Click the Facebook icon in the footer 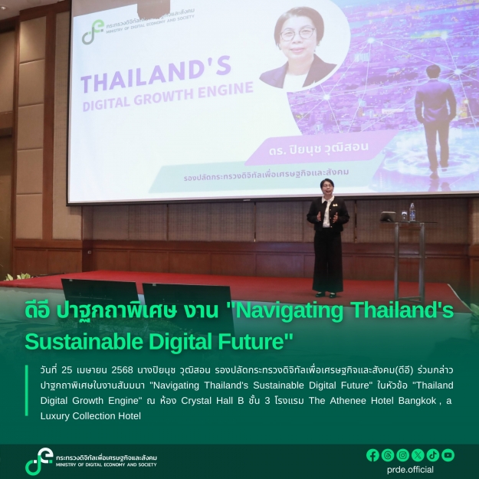(x=372, y=455)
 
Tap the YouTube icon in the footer (x=448, y=455)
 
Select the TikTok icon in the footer (x=433, y=455)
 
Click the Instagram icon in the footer (x=402, y=455)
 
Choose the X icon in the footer (x=418, y=455)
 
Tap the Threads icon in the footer (x=388, y=455)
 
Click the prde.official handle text (x=410, y=470)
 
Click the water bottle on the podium (x=412, y=212)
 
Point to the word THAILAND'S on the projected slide (x=156, y=74)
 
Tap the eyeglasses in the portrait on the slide (x=297, y=33)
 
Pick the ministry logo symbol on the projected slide (x=93, y=31)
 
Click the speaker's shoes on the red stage (x=326, y=294)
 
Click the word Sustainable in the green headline (x=84, y=342)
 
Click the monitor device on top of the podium (x=388, y=217)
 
